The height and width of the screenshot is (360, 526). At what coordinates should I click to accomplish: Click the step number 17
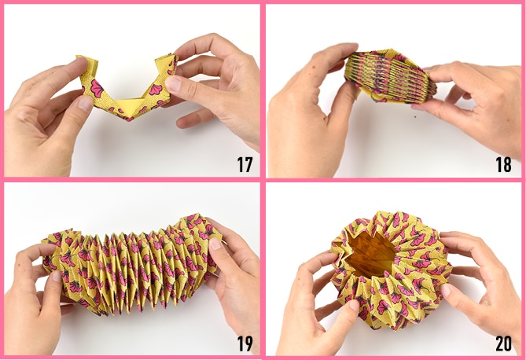(x=245, y=164)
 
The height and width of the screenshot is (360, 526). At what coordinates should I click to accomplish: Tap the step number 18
(x=503, y=164)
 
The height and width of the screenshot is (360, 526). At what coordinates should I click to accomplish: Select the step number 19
(x=245, y=343)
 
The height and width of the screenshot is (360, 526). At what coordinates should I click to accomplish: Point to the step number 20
(x=503, y=343)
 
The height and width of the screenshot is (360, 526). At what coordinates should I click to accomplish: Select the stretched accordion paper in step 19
(x=131, y=265)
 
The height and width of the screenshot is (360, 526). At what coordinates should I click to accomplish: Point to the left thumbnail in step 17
(x=85, y=103)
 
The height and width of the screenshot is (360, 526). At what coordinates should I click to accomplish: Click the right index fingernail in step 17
(x=173, y=84)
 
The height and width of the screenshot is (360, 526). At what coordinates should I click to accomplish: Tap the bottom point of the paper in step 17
(x=128, y=119)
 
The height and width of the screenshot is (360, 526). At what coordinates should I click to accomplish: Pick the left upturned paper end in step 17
(x=88, y=64)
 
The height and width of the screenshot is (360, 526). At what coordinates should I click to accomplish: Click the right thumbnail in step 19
(x=215, y=244)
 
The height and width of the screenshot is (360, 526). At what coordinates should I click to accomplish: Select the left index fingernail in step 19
(x=57, y=276)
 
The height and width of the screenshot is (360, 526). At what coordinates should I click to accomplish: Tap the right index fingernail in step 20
(x=446, y=290)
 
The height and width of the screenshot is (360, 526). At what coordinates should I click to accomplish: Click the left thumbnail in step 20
(x=354, y=305)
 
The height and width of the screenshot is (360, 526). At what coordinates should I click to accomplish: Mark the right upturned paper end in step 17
(x=166, y=64)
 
